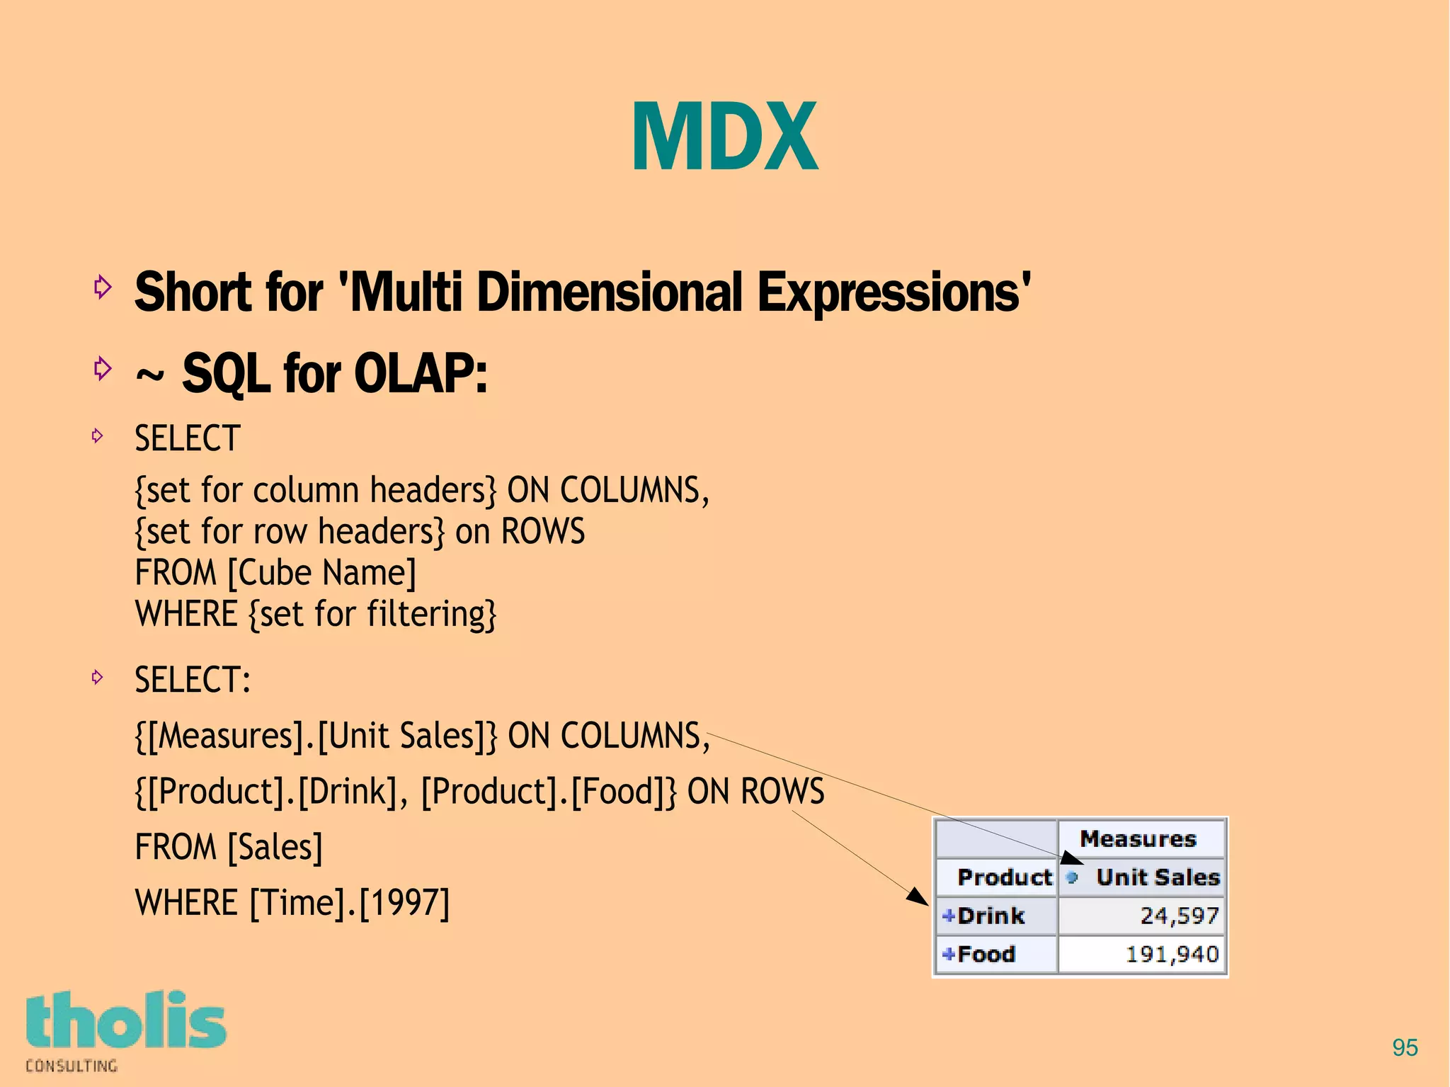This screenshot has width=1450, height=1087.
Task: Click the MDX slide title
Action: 724,137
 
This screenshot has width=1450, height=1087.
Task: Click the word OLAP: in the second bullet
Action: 421,374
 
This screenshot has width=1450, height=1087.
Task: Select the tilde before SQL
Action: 149,377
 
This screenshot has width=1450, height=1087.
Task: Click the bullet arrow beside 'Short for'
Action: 103,287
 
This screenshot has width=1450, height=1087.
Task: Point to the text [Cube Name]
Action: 321,573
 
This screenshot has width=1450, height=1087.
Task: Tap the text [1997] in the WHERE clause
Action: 404,903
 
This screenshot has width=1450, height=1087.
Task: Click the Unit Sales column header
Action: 1158,877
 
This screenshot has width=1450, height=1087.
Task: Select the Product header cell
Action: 1004,877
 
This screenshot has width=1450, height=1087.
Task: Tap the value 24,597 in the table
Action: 1179,916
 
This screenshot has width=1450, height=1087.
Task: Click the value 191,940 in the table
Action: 1172,954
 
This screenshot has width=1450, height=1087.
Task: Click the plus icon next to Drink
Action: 949,916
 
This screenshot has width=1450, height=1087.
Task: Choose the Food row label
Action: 986,954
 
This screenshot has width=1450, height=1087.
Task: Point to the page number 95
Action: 1405,1047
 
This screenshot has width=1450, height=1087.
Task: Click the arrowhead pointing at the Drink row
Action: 918,897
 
